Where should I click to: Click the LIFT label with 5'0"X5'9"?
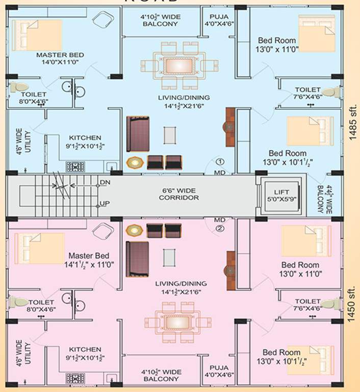[x=281, y=196]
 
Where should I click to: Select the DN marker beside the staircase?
[x=105, y=182]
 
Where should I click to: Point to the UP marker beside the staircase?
[x=105, y=203]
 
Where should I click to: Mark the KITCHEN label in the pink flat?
[x=85, y=353]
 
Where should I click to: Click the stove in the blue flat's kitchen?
[x=75, y=166]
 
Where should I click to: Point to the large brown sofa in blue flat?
[x=138, y=134]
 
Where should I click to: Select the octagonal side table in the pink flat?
[x=134, y=230]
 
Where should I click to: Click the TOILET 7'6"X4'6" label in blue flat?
[x=307, y=93]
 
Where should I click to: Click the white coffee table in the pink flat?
[x=169, y=257]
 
